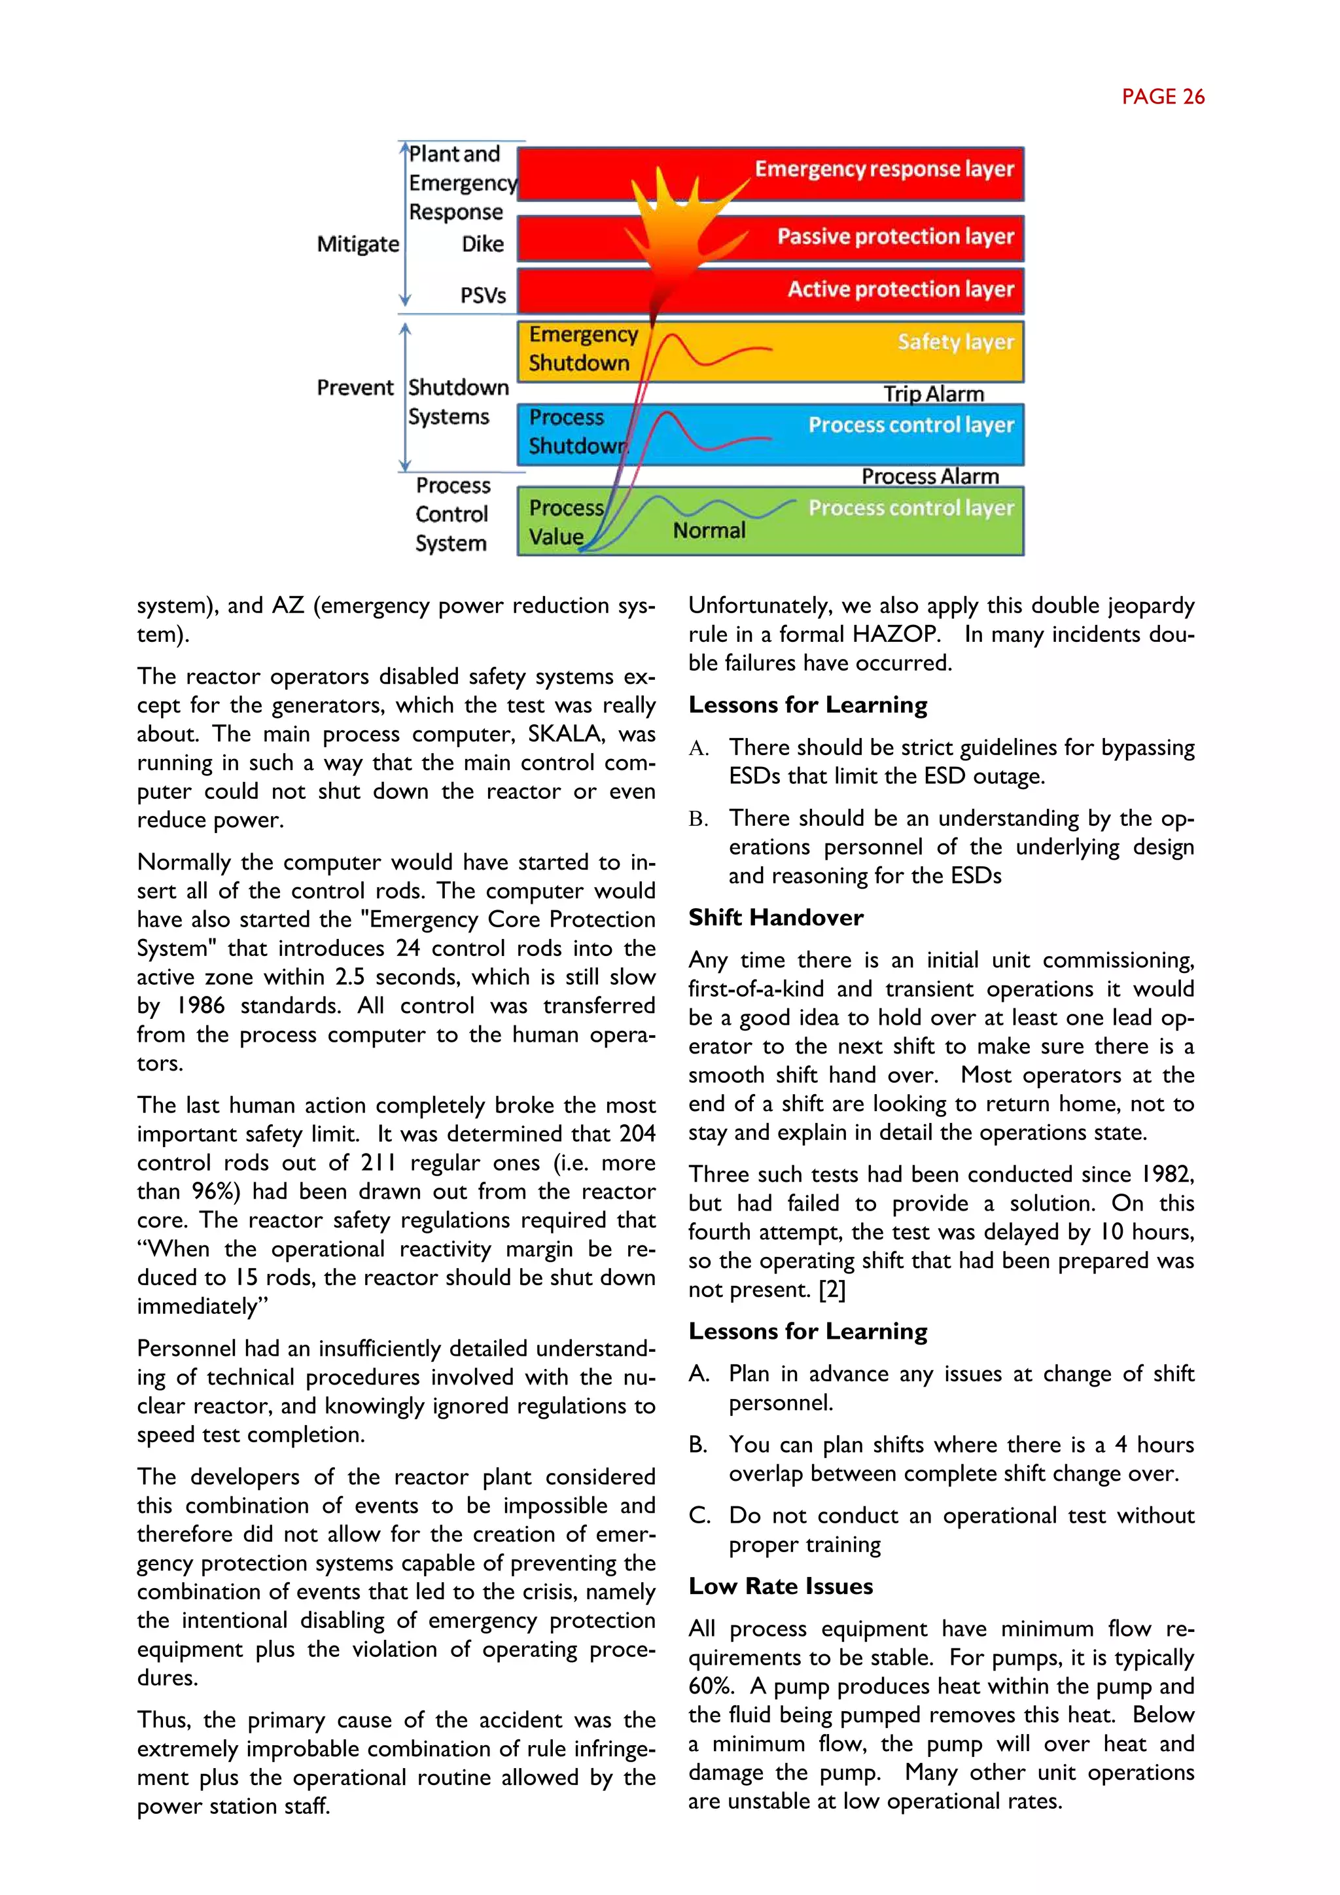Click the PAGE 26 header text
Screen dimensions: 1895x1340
(1163, 97)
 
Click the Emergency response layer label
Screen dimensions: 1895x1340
(884, 169)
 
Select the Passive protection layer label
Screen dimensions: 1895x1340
(895, 237)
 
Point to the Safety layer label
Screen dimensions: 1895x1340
(955, 342)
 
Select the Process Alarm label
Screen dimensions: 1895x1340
(930, 476)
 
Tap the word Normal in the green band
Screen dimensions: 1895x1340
(709, 531)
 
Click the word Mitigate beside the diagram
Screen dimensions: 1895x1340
(357, 244)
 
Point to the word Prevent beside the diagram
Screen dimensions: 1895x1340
(355, 388)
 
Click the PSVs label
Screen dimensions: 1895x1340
(483, 296)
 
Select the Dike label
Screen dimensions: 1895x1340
(483, 244)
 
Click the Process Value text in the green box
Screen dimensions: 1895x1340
(565, 522)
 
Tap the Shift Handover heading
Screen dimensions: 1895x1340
(775, 918)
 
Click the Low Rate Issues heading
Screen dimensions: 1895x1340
(781, 1586)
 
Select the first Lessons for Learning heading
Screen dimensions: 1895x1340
(808, 705)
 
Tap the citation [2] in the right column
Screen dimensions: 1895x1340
(832, 1289)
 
